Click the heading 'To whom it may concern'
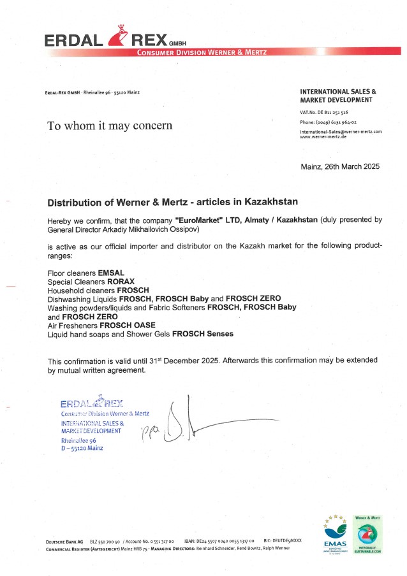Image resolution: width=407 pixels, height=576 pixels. pyautogui.click(x=110, y=126)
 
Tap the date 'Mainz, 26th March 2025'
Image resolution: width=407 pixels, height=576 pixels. pyautogui.click(x=339, y=166)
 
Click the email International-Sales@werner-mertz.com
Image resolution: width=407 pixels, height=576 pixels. pyautogui.click(x=341, y=131)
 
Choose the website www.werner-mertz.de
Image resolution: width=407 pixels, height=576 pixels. pyautogui.click(x=323, y=137)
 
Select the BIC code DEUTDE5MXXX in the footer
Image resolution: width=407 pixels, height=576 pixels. pyautogui.click(x=286, y=541)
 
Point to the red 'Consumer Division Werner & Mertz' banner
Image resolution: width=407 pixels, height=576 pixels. pyautogui.click(x=202, y=52)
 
